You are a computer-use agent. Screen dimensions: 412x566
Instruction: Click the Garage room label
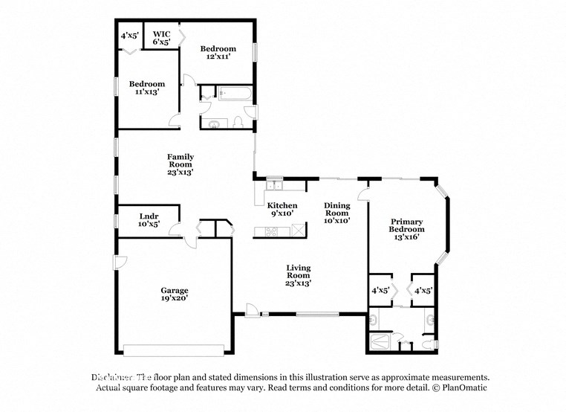click(x=175, y=294)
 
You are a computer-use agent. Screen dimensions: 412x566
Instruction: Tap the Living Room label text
click(x=299, y=275)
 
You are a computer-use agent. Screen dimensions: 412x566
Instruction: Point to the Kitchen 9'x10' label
click(x=282, y=209)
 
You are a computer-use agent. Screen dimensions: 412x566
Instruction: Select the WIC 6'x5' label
click(x=161, y=38)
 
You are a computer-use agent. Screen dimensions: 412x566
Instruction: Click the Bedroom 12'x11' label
click(x=218, y=53)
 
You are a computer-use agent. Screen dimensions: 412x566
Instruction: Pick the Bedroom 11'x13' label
click(x=146, y=88)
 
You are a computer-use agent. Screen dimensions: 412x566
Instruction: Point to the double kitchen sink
click(x=275, y=182)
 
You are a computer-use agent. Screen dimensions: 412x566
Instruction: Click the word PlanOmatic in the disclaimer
click(x=461, y=388)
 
